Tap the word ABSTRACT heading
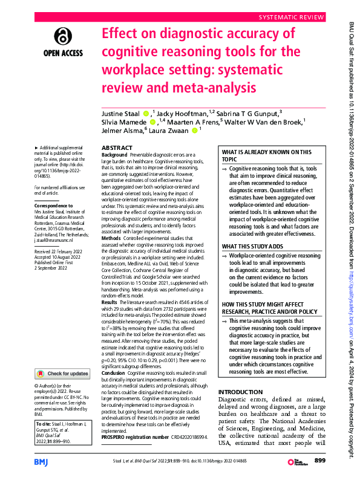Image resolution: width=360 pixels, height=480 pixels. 100,148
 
